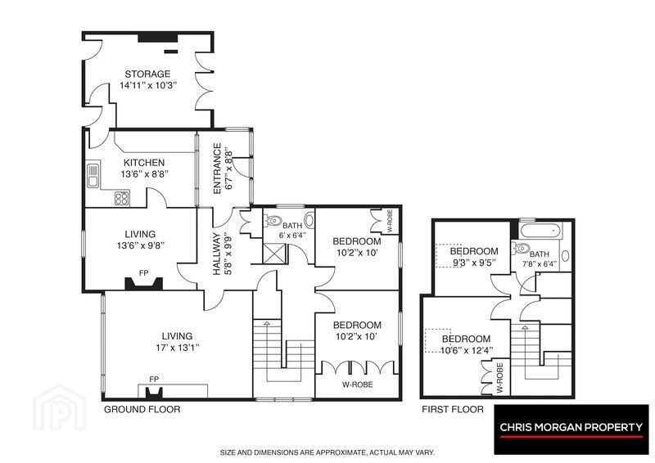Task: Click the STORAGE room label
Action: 147,74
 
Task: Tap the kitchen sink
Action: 93,175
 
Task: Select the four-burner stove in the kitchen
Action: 122,198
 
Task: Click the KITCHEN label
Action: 144,163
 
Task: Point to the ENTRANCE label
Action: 217,169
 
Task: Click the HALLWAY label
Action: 216,254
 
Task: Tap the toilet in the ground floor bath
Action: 273,220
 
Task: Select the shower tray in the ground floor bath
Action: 274,254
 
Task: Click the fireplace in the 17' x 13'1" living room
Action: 153,393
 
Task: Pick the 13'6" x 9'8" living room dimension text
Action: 140,245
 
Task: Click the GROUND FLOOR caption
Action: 142,409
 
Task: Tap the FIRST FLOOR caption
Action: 453,409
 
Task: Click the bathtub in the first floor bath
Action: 540,231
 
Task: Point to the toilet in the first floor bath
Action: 521,248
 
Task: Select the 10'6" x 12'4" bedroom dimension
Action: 467,350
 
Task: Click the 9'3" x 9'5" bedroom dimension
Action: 474,263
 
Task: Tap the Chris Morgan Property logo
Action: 571,429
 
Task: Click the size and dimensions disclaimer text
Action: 327,452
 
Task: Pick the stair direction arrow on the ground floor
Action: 267,323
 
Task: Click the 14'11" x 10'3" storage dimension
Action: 149,85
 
